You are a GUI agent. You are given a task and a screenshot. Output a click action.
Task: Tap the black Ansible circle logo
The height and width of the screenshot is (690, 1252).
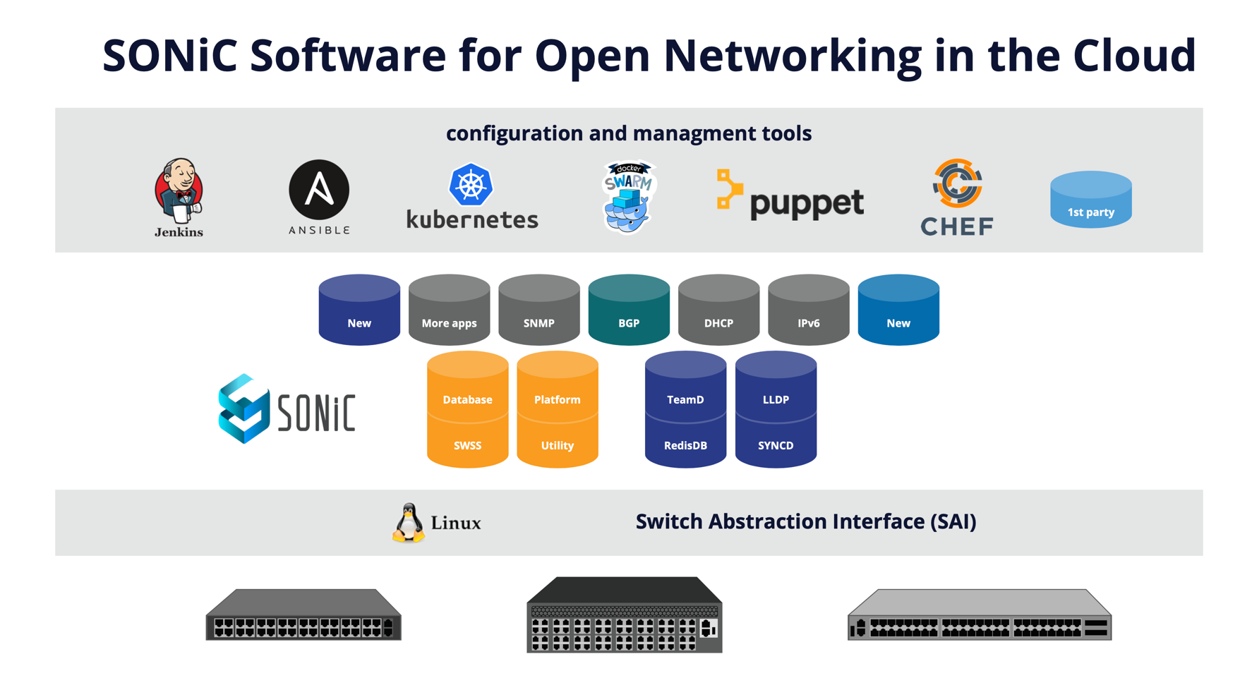[x=319, y=190]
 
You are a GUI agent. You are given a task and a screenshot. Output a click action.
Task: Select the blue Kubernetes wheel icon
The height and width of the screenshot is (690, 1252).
[x=471, y=185]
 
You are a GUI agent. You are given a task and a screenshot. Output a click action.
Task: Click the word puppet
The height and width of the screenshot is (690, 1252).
[x=806, y=203]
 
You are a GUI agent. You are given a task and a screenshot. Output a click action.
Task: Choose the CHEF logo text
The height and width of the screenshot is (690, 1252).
[x=957, y=226]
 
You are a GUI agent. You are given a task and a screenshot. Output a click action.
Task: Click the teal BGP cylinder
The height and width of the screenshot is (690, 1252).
[x=629, y=310]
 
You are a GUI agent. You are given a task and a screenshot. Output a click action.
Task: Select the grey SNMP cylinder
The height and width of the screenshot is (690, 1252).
[x=538, y=310]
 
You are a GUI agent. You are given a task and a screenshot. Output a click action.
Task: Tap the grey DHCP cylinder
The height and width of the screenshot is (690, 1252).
[x=718, y=310]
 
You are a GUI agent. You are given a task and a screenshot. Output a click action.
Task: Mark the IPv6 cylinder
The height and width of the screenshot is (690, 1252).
[x=808, y=310]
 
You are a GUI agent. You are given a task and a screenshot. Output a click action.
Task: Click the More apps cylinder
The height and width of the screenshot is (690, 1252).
[x=449, y=310]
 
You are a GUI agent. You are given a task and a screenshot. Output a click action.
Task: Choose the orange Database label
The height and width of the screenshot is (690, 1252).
[x=467, y=399]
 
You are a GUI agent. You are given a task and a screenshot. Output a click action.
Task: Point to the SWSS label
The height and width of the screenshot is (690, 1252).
[x=467, y=445]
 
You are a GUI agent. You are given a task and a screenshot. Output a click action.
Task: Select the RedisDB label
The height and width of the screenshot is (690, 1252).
[x=685, y=445]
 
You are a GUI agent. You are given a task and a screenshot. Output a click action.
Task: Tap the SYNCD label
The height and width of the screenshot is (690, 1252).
[x=776, y=445]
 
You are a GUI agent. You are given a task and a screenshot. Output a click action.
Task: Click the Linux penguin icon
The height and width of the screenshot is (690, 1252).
[x=409, y=523]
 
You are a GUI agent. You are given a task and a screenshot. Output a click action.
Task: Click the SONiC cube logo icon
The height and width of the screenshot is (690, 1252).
[x=243, y=408]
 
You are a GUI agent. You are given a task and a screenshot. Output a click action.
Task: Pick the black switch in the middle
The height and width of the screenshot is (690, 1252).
[x=624, y=615]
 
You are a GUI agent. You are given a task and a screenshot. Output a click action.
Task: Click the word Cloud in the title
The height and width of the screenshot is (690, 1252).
[x=1134, y=55]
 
